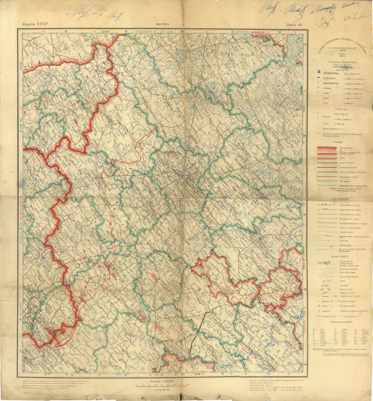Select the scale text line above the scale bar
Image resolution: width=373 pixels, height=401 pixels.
(x=164, y=379)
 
